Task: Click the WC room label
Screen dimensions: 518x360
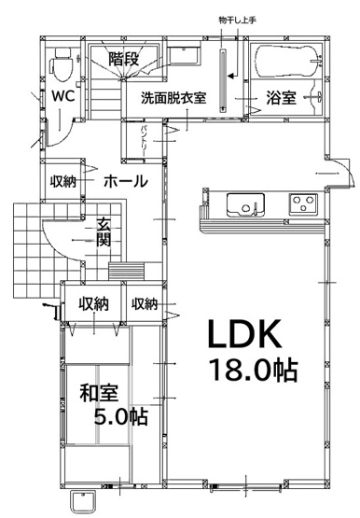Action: click(x=62, y=96)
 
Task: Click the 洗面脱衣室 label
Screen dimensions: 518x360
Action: click(x=173, y=98)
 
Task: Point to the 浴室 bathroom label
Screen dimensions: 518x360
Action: click(x=281, y=97)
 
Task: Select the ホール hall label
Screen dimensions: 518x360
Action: click(x=124, y=180)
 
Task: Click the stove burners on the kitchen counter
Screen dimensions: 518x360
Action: click(x=303, y=202)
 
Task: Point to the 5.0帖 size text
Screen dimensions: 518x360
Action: click(x=121, y=415)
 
